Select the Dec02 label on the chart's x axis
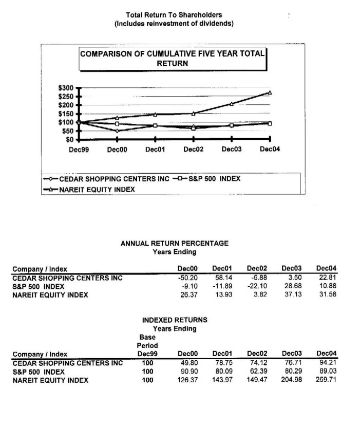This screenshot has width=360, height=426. (x=193, y=149)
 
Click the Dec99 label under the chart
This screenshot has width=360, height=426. (x=78, y=149)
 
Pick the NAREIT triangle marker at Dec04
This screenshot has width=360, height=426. (x=270, y=92)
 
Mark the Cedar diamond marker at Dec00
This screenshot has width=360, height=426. (x=117, y=131)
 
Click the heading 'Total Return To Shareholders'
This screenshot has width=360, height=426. (x=174, y=15)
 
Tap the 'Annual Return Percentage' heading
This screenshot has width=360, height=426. (x=174, y=243)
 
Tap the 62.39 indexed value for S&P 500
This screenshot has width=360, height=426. (x=258, y=372)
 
